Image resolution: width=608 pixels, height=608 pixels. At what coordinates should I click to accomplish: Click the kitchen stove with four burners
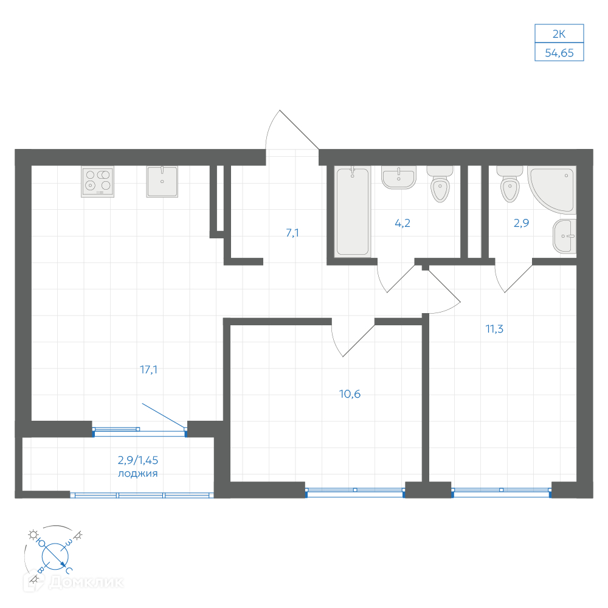[x=98, y=181]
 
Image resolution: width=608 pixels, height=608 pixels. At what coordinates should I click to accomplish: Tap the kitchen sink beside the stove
[x=162, y=181]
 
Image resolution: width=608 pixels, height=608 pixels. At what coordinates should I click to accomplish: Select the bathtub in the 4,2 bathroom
[x=353, y=212]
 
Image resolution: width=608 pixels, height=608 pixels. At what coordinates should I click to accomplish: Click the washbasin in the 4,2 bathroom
[x=399, y=177]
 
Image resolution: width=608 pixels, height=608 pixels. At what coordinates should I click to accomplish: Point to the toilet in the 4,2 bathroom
[x=440, y=184]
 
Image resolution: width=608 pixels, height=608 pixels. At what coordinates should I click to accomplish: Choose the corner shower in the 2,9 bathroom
[x=552, y=190]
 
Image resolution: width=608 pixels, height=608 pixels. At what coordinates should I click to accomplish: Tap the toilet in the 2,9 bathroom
[x=510, y=184]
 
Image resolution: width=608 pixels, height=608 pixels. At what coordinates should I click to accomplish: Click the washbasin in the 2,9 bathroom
[x=565, y=236]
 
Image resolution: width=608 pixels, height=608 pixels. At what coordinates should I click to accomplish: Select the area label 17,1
[x=148, y=370]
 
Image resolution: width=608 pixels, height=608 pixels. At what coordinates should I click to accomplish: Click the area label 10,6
[x=350, y=394]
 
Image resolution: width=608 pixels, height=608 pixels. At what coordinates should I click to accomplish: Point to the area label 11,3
[x=494, y=329]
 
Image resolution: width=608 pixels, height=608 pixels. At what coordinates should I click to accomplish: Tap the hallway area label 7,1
[x=292, y=233]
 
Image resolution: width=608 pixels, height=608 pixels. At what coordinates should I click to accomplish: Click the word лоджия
[x=137, y=474]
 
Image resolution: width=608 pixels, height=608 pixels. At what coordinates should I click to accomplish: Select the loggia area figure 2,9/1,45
[x=137, y=460]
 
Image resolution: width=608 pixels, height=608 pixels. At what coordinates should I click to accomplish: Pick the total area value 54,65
[x=559, y=53]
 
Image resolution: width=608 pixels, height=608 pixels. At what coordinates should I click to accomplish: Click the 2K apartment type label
[x=559, y=34]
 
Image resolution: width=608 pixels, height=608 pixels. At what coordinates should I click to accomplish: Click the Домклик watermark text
[x=86, y=582]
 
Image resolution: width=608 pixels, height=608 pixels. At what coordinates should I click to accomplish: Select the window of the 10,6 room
[x=355, y=492]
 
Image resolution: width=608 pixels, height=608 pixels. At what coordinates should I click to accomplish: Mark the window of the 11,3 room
[x=502, y=492]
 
